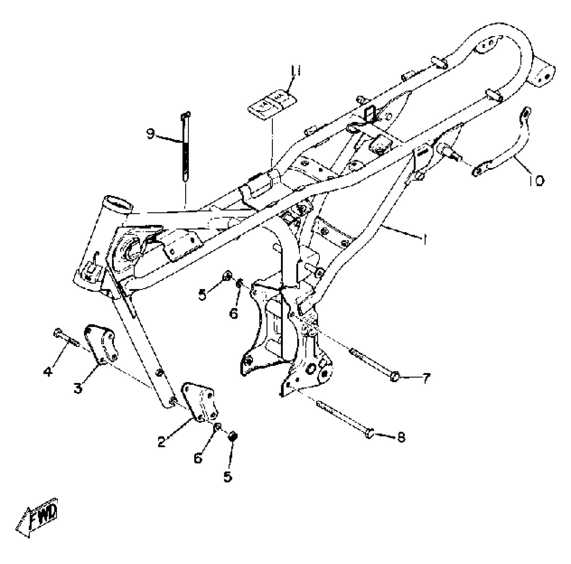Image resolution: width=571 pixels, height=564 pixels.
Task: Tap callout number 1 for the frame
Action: pyautogui.click(x=425, y=239)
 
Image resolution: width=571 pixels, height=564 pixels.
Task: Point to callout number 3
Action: pyautogui.click(x=78, y=387)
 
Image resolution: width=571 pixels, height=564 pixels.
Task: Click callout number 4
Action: pyautogui.click(x=48, y=371)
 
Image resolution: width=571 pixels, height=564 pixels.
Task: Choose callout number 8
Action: pyautogui.click(x=401, y=437)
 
